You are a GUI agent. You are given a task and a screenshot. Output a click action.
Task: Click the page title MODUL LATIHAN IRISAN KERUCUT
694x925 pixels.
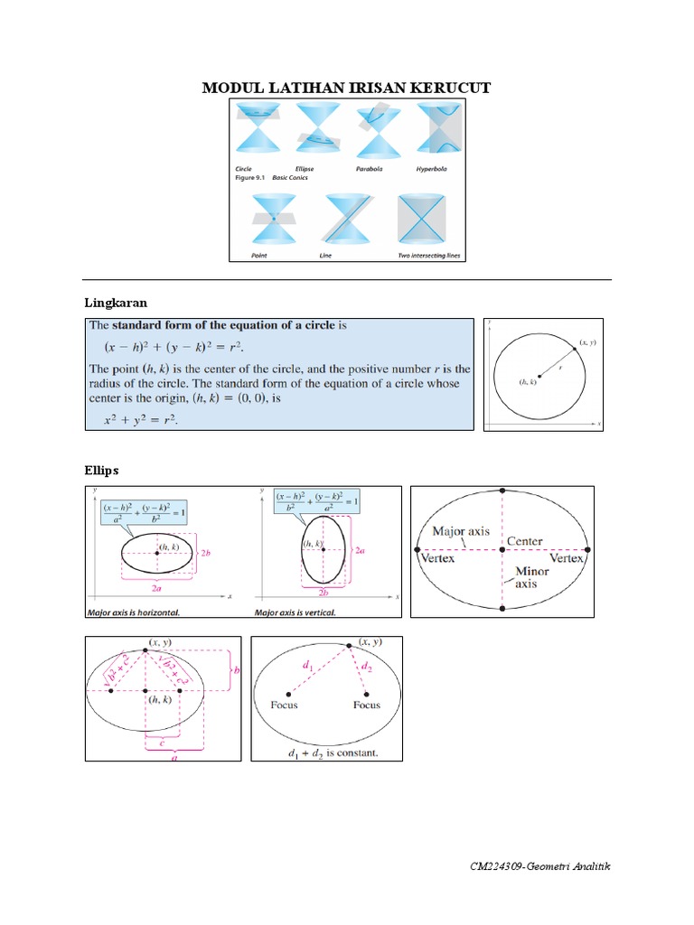click(x=346, y=88)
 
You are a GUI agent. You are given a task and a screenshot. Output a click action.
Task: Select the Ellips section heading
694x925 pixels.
click(x=101, y=471)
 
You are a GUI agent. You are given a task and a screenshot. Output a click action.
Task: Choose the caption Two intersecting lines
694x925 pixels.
click(x=429, y=256)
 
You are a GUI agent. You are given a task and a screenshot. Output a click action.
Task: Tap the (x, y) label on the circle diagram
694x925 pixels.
click(x=587, y=342)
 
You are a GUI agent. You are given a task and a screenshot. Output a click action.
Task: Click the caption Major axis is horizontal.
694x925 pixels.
click(x=133, y=612)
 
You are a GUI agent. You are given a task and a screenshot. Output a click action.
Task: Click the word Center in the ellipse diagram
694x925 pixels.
click(x=524, y=541)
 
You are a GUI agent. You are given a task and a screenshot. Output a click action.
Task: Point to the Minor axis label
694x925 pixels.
click(x=531, y=578)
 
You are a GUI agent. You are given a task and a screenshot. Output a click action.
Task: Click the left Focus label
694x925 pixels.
click(x=284, y=705)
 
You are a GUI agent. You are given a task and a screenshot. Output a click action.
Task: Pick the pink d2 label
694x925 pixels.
click(x=366, y=669)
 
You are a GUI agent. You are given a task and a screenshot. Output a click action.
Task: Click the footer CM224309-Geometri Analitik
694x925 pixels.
click(x=540, y=866)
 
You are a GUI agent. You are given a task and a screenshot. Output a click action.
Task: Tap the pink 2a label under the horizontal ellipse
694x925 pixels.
click(x=157, y=588)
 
